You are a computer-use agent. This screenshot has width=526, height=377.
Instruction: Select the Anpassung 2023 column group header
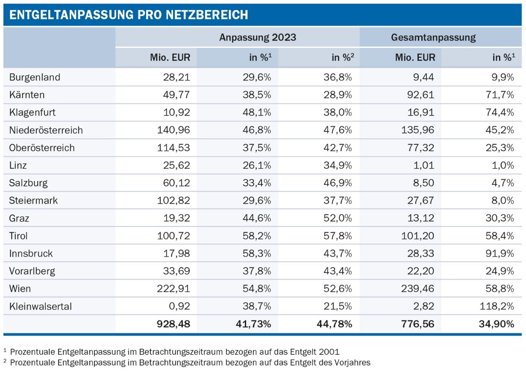coord(258,37)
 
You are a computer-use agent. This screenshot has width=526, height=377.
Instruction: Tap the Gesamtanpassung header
coord(433,37)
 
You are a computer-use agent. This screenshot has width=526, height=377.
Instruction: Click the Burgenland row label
coord(35,77)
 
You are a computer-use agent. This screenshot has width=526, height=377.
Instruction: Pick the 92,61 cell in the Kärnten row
coord(422,95)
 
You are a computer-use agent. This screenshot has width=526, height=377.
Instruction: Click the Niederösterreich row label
coord(46,130)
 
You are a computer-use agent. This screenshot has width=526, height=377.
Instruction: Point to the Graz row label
coord(19,218)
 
